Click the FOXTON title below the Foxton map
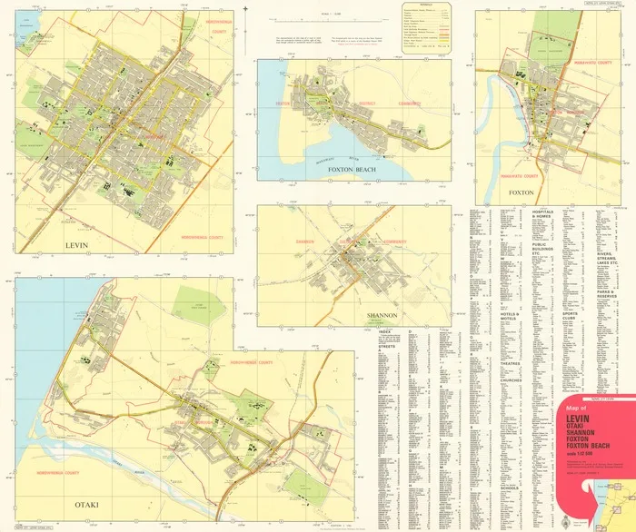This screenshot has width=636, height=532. [x=521, y=192]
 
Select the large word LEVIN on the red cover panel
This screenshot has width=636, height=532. [x=578, y=420]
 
